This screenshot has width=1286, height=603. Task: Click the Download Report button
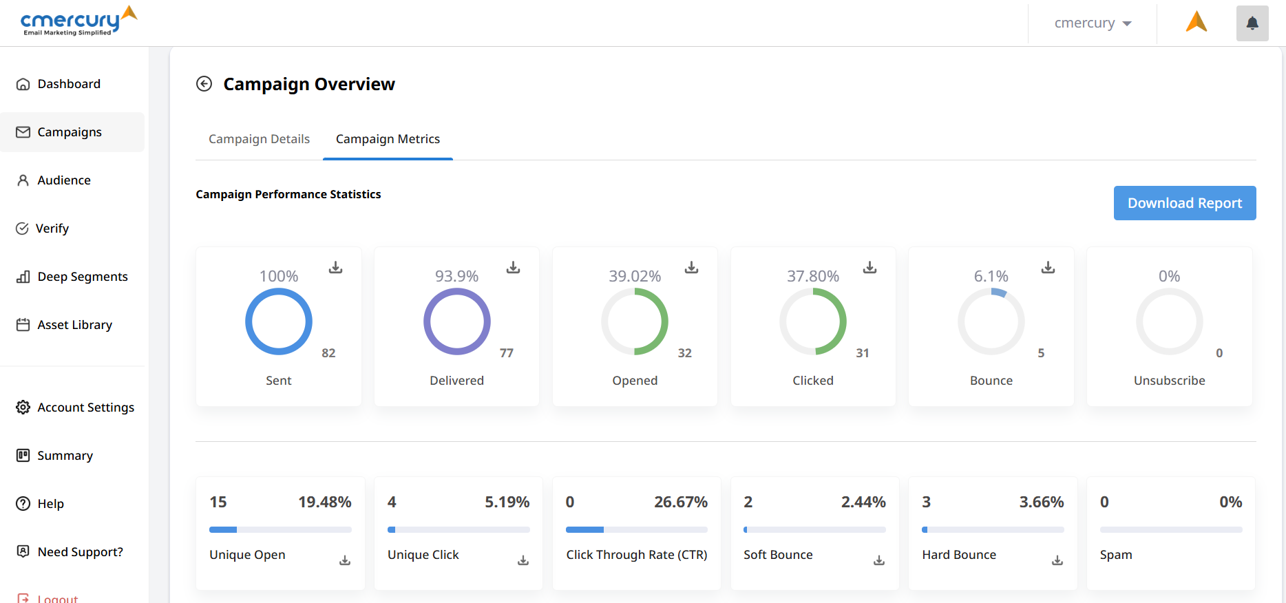(1184, 203)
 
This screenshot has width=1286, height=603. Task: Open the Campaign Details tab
(259, 139)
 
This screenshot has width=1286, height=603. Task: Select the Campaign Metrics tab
(388, 139)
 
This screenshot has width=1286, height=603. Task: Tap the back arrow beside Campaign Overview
(204, 84)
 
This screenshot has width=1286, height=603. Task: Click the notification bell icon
(1252, 23)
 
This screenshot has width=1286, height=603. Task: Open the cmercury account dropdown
(1093, 23)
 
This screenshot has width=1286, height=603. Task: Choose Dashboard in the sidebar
(69, 84)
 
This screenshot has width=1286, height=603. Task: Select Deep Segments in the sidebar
(82, 277)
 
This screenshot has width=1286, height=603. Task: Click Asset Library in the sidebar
(74, 325)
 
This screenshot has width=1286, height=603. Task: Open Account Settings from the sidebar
(85, 408)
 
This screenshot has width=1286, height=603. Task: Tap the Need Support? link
(80, 552)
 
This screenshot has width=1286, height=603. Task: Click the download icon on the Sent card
(335, 267)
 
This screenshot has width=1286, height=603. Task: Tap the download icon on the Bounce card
(1048, 267)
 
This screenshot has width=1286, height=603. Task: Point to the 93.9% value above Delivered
(456, 276)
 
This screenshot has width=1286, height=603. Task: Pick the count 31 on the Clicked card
(862, 353)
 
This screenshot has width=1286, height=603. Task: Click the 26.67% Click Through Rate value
(680, 502)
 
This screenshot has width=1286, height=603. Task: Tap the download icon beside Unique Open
(345, 560)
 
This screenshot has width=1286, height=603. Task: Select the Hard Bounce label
(959, 555)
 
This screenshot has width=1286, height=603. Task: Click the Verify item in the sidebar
(52, 229)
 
